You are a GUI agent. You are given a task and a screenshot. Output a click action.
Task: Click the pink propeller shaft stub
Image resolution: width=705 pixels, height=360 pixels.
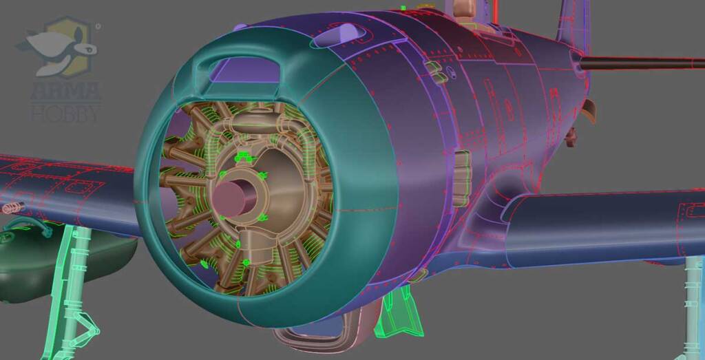point(230,198)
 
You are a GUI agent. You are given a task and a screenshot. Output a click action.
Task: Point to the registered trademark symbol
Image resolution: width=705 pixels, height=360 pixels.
point(98,27)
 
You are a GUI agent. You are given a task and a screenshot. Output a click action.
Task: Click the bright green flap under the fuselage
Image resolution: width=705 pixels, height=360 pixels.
point(398,315)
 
